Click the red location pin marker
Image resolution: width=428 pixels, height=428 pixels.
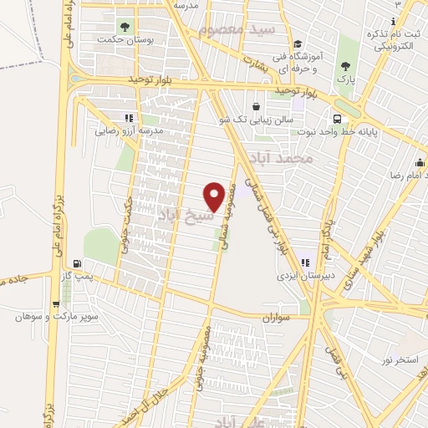click(x=214, y=196)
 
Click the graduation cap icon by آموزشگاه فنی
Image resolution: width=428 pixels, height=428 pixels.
click(x=298, y=44)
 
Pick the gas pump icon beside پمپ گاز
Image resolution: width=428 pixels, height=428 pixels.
click(x=79, y=262)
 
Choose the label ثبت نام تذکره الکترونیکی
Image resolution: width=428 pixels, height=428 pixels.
click(x=394, y=31)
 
